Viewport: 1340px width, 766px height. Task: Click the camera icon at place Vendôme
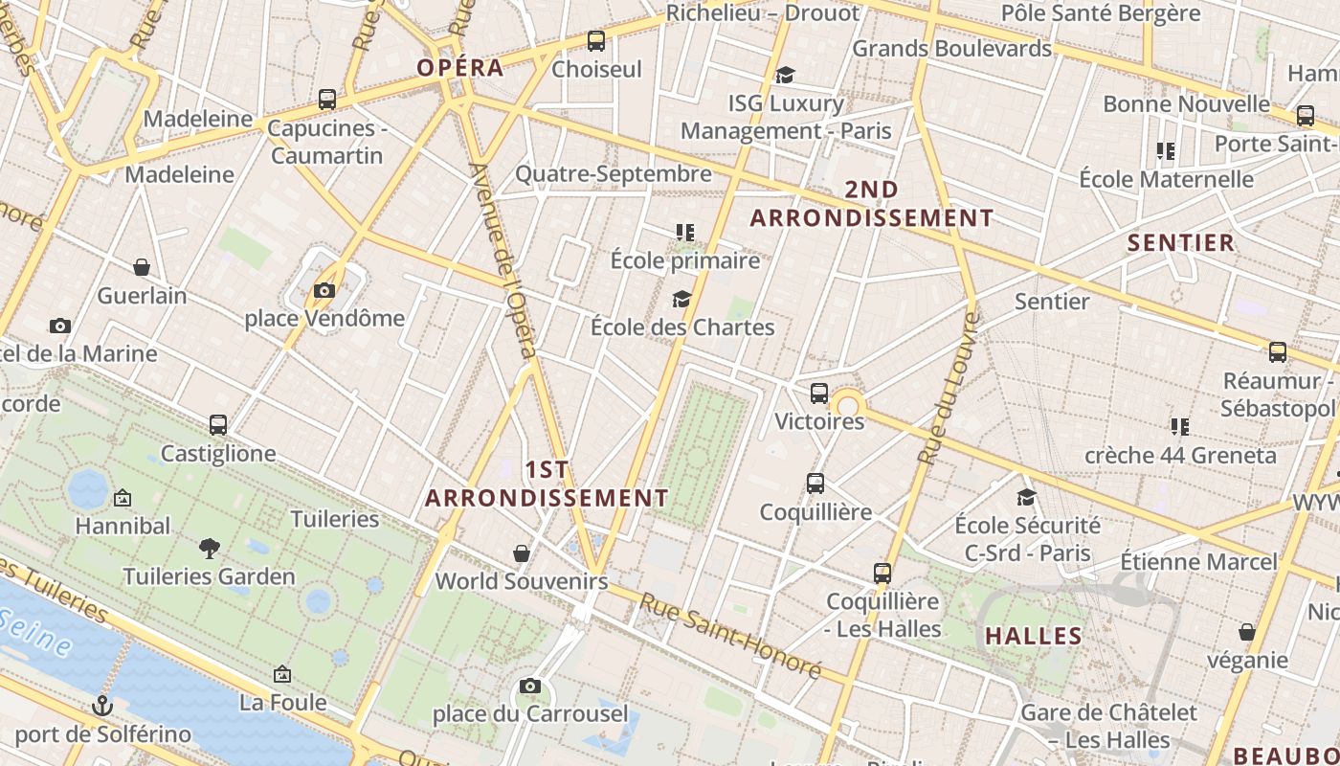(x=324, y=290)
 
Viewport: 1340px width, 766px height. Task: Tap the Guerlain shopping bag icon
(x=142, y=267)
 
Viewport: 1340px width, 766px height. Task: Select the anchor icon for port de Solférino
(x=101, y=707)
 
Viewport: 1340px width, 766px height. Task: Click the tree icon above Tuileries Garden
(x=210, y=549)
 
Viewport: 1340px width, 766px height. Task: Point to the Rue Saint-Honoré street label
(x=730, y=637)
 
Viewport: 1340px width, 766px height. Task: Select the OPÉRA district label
(x=460, y=68)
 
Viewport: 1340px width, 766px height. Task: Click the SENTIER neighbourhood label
(x=1181, y=243)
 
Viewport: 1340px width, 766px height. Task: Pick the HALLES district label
(x=1034, y=637)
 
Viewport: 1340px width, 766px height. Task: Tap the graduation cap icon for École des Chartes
(x=681, y=300)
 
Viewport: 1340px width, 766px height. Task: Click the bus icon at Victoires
(x=819, y=393)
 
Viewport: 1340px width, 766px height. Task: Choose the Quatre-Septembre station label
(x=614, y=173)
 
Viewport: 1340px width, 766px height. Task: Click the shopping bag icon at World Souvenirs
(x=522, y=553)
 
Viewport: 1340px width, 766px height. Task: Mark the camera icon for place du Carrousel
(x=530, y=686)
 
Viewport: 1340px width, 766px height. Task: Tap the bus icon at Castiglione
(x=218, y=424)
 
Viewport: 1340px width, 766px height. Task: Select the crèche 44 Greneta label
(x=1180, y=455)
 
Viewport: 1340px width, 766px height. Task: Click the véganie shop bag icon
(x=1247, y=632)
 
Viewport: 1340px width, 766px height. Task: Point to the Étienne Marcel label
(x=1198, y=561)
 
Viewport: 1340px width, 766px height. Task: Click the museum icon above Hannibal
(x=123, y=498)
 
